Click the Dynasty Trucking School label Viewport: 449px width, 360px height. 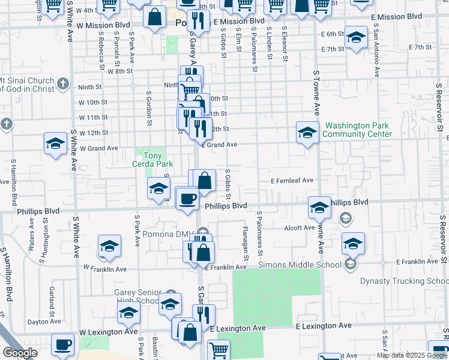click(403, 281)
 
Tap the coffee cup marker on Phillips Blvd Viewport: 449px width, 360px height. click(188, 198)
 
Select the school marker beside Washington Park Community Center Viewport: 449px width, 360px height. click(307, 132)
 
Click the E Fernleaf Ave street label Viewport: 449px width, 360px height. click(292, 180)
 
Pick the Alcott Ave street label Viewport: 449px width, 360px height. click(300, 228)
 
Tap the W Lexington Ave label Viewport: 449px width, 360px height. click(109, 331)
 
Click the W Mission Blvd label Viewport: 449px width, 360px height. click(103, 25)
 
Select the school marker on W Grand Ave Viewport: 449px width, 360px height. click(55, 144)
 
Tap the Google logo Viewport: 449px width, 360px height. click(20, 353)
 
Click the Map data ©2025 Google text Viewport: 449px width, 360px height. click(412, 355)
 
